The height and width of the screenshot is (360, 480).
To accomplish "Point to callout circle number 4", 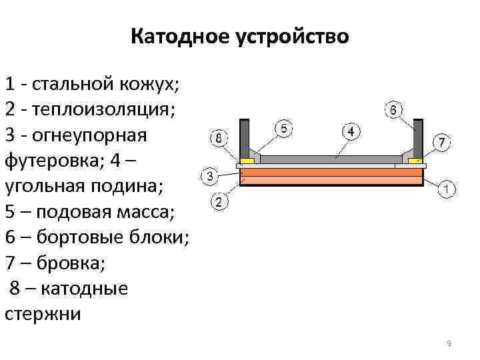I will [x=351, y=131].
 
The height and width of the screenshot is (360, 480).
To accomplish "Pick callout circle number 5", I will [x=284, y=129].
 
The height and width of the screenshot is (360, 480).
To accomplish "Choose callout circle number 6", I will [x=393, y=109].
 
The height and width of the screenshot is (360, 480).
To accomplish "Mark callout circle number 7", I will [x=442, y=143].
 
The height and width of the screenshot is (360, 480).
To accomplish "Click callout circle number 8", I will [x=219, y=139].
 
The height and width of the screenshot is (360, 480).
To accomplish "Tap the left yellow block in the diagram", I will [x=247, y=161].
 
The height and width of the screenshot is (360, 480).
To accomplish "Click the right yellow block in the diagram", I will [x=415, y=161].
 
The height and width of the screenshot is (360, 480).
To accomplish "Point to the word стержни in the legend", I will [x=42, y=314].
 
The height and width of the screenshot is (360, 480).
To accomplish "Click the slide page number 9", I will [x=449, y=343].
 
